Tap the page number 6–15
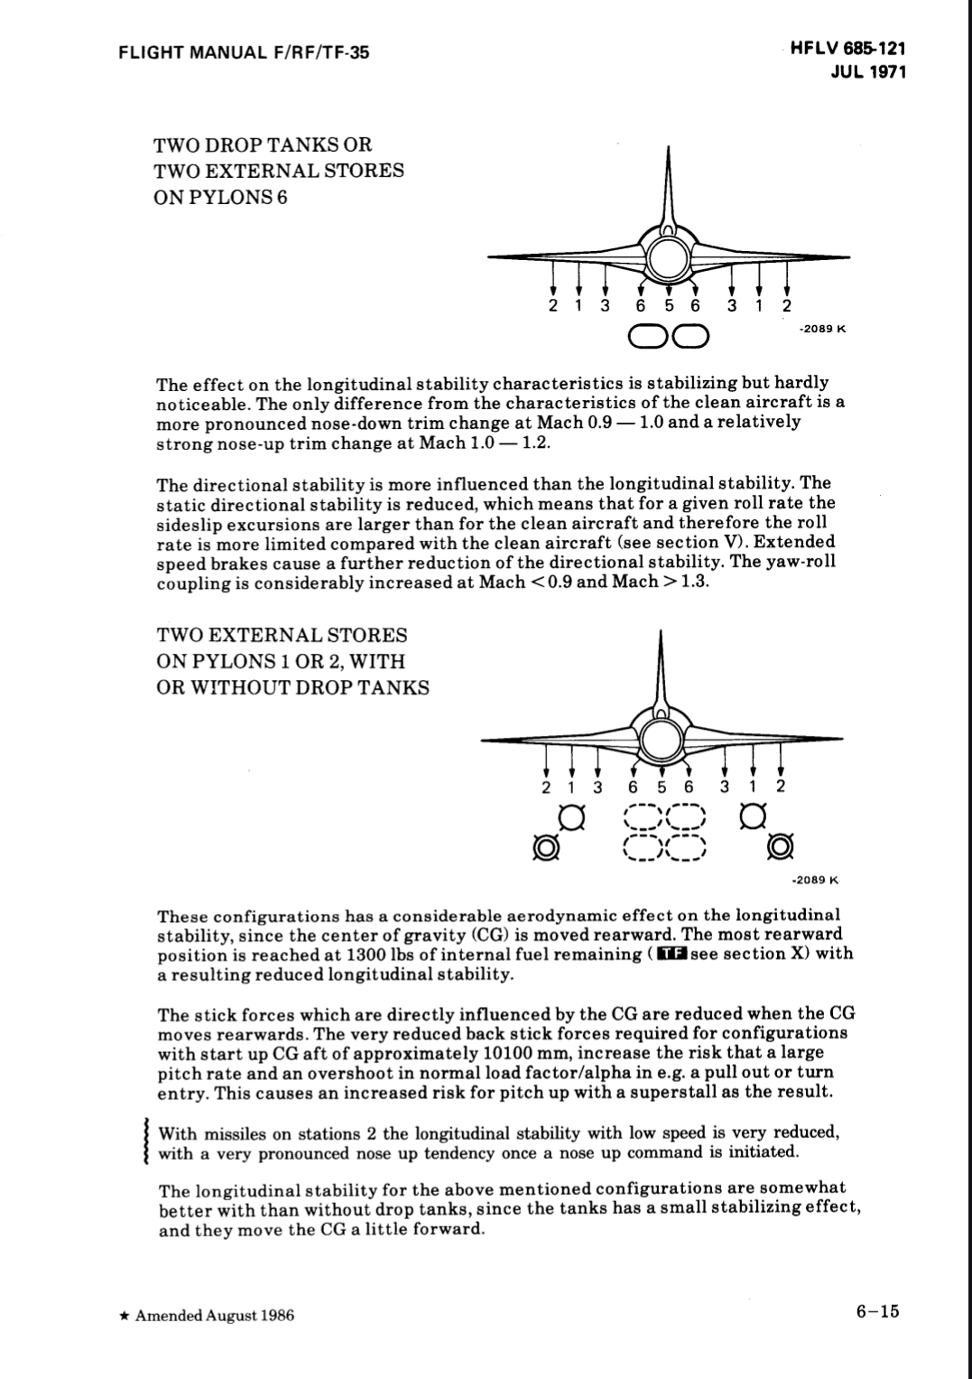(877, 1312)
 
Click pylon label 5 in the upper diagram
(669, 305)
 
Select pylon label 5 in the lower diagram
(662, 786)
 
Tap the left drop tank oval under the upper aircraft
(649, 337)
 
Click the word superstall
(700, 1092)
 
